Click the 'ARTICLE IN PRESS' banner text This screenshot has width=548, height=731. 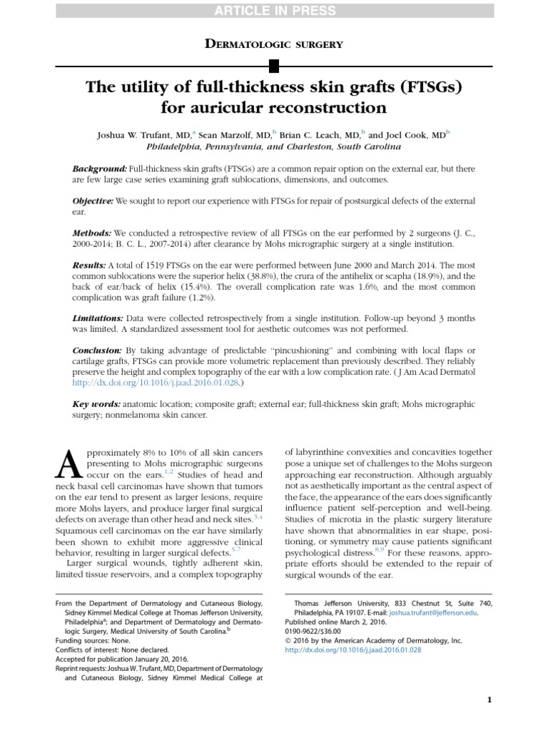(x=273, y=9)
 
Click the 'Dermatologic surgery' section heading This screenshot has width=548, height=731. (x=273, y=44)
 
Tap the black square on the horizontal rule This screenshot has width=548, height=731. (x=274, y=67)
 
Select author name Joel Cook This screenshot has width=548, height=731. (x=410, y=133)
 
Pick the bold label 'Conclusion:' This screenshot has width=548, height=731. (x=98, y=351)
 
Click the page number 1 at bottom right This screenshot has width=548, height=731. (x=489, y=700)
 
